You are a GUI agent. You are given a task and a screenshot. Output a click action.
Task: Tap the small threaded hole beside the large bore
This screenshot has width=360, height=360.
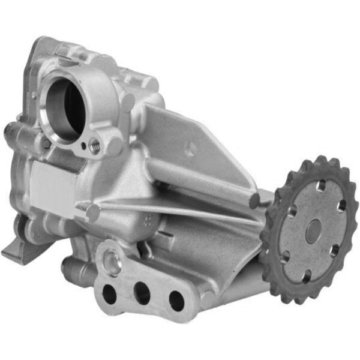point(94,144)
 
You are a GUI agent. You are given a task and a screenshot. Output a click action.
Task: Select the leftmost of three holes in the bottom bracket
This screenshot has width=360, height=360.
point(110,293)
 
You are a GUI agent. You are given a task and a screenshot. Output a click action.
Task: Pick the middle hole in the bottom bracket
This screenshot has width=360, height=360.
point(142,293)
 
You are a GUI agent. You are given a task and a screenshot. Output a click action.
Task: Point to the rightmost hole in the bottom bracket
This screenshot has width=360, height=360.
point(176,299)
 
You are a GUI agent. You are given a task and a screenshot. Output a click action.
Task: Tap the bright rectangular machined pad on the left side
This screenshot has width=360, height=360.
point(50,183)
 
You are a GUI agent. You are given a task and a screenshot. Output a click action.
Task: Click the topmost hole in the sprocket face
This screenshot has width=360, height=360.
point(322,185)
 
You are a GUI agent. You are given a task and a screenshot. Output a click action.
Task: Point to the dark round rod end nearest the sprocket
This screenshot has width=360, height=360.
point(255,200)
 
